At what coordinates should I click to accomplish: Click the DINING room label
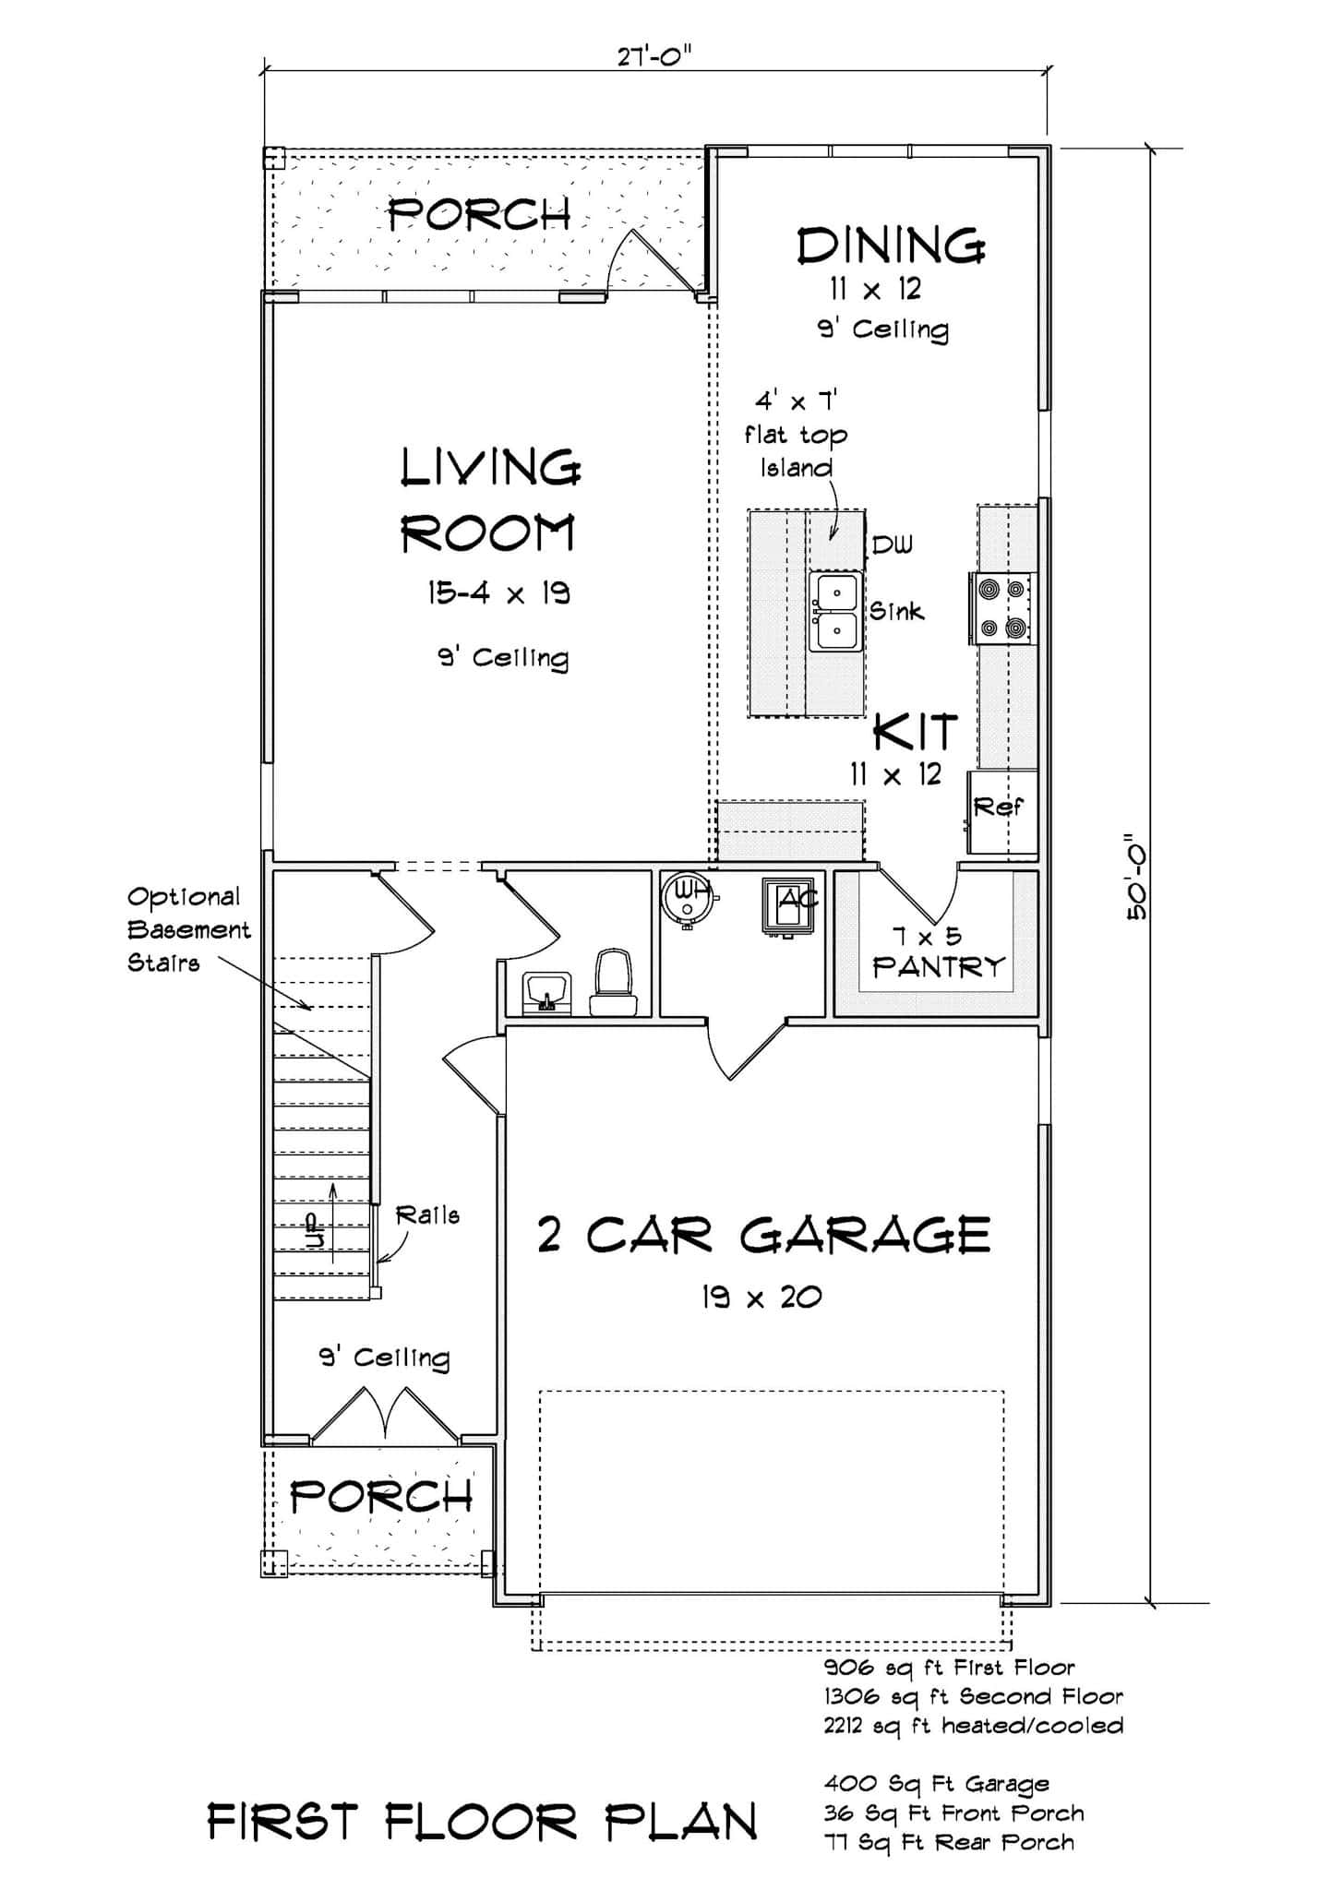(891, 246)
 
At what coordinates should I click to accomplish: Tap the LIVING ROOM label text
(489, 501)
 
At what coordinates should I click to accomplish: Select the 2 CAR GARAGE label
(763, 1235)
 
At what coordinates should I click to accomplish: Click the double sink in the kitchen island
(835, 612)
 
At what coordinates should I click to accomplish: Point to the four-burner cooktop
(1002, 608)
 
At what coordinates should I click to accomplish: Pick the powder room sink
(546, 992)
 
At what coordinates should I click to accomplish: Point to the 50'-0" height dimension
(1135, 877)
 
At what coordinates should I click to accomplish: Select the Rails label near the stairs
(427, 1215)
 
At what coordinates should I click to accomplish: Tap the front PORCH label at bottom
(380, 1497)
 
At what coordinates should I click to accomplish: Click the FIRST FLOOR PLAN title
(482, 1821)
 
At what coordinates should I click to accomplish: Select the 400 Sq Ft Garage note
(936, 1783)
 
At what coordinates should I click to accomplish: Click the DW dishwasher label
(891, 544)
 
